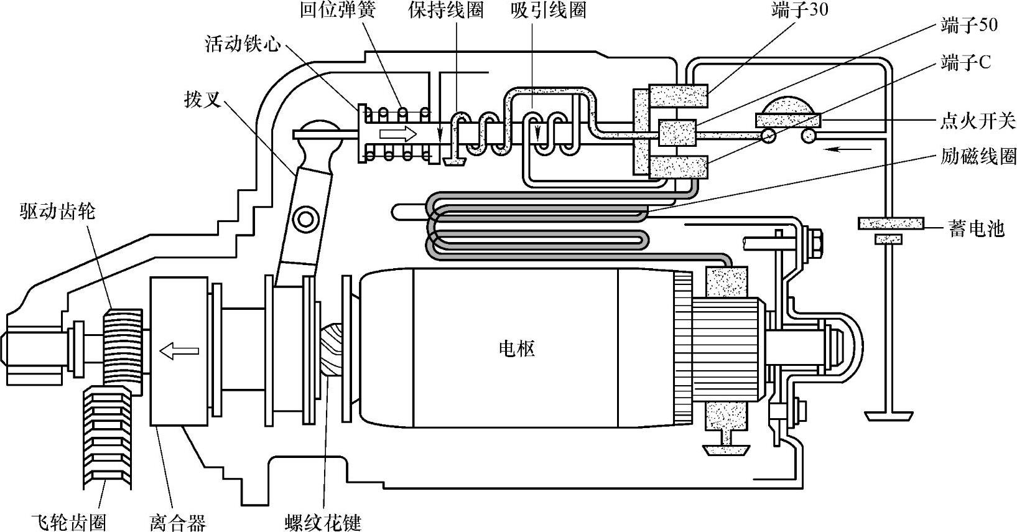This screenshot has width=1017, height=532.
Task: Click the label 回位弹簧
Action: tap(338, 11)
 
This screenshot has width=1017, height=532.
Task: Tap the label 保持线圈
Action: tap(446, 11)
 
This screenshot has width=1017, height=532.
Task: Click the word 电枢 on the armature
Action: tap(517, 348)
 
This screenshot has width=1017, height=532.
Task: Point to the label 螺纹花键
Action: tap(323, 521)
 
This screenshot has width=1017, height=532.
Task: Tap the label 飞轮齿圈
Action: tap(68, 521)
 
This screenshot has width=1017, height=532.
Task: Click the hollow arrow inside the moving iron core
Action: tap(398, 133)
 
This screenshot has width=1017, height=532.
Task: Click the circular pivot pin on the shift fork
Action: tap(306, 218)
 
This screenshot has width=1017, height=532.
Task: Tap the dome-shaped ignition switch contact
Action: tap(788, 107)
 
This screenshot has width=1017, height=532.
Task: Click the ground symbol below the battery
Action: tap(888, 414)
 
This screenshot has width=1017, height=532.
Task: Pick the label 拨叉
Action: tap(203, 100)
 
